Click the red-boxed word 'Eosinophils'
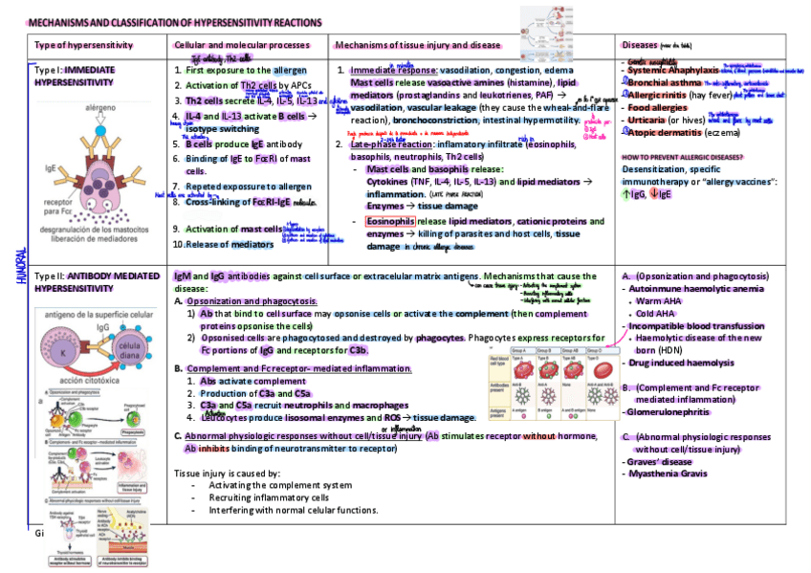point(390,220)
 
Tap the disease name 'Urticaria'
point(647,121)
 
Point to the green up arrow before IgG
point(625,194)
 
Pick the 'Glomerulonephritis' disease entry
point(668,411)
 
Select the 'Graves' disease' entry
point(660,461)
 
